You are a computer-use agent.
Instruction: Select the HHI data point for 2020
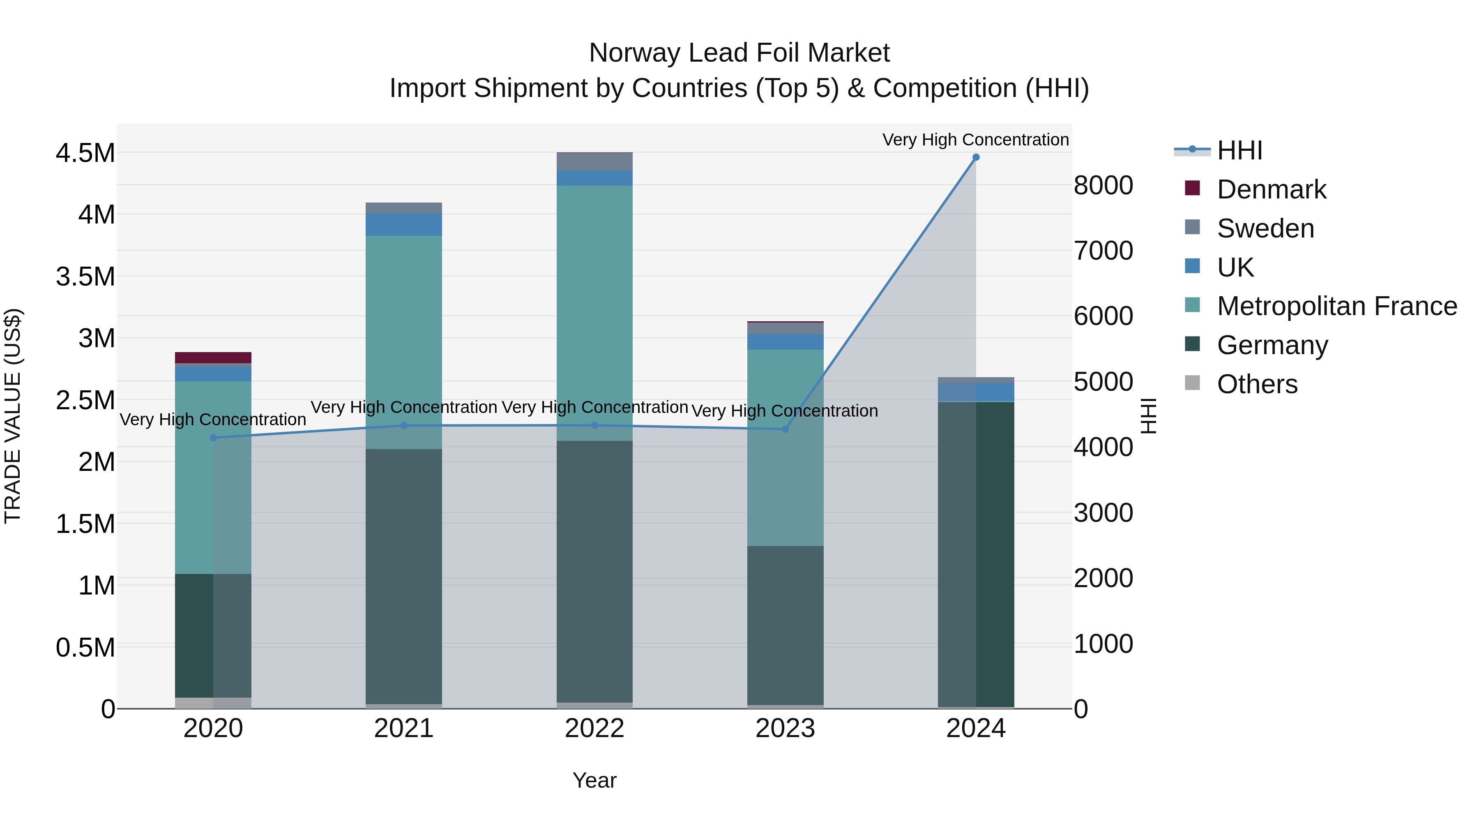(213, 438)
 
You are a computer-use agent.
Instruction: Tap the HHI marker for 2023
(786, 429)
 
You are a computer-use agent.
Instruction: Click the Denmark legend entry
(1271, 189)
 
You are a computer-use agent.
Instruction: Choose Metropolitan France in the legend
(1336, 306)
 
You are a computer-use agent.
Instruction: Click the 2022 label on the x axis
(594, 728)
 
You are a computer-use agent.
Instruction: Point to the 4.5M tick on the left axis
(85, 153)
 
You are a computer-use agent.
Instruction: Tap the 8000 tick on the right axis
(1103, 185)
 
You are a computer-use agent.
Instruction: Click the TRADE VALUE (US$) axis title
(13, 416)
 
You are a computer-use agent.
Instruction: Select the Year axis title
(594, 780)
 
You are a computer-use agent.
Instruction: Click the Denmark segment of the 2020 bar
(213, 358)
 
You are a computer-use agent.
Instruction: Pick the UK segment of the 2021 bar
(403, 224)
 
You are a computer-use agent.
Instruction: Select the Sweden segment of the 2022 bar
(594, 162)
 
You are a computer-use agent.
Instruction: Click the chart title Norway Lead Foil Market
(739, 53)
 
